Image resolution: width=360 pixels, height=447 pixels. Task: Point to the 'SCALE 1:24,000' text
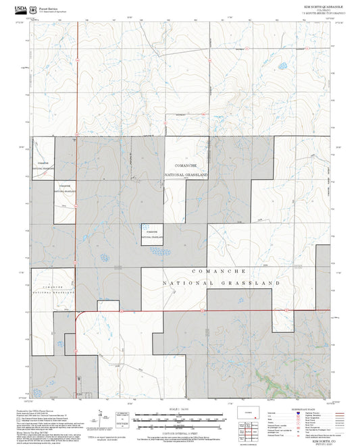point(179,409)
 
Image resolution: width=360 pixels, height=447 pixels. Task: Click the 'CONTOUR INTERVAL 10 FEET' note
point(179,431)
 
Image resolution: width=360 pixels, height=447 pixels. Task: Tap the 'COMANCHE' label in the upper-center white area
point(185,165)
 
